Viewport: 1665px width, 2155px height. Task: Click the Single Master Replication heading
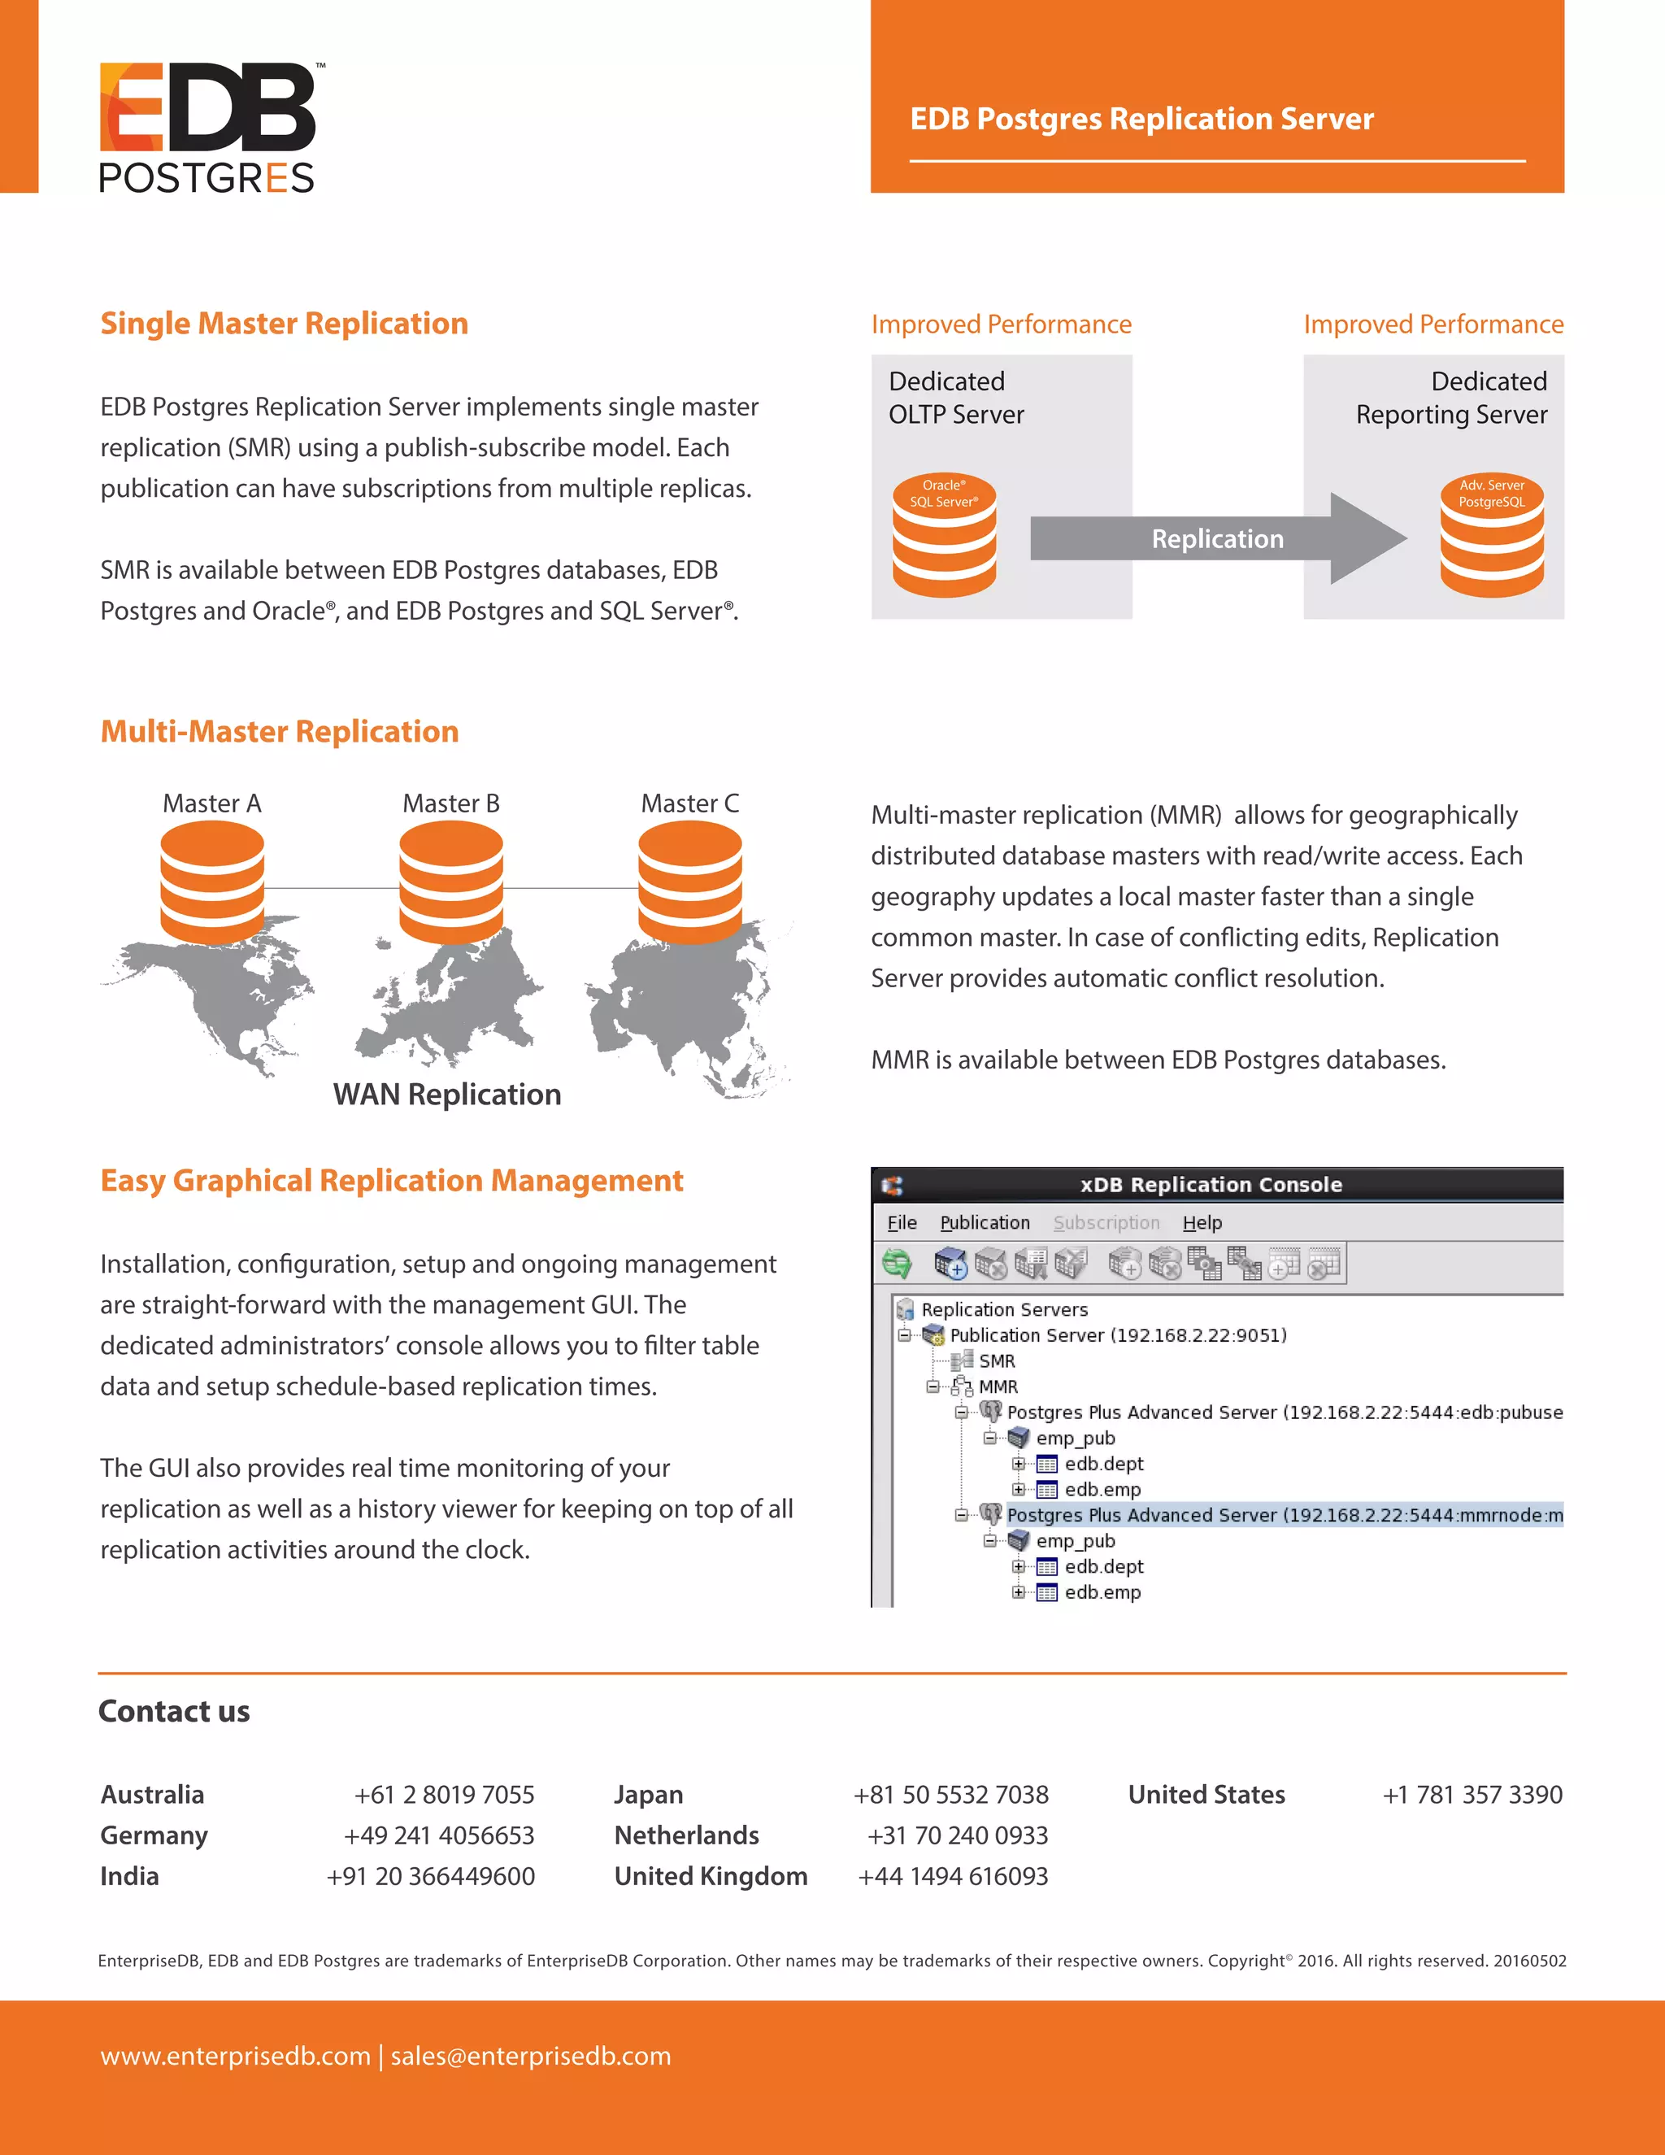tap(284, 324)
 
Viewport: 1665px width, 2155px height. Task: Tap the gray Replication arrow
tap(1217, 538)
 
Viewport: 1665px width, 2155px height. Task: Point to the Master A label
tap(212, 803)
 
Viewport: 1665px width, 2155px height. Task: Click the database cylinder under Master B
tap(450, 882)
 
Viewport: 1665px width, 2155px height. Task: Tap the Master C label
tap(689, 803)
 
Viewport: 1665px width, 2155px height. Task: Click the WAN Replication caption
tap(447, 1095)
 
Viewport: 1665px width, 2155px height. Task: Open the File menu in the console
tap(902, 1222)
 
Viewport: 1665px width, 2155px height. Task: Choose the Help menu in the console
tap(1202, 1222)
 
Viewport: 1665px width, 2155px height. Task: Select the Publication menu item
tap(985, 1222)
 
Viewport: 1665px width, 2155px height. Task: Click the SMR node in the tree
tap(996, 1360)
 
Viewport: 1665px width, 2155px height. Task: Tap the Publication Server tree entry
tap(1118, 1335)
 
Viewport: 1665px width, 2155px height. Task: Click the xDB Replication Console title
tap(1211, 1184)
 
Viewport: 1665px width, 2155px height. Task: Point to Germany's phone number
tap(439, 1835)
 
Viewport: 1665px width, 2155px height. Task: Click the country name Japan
tap(648, 1795)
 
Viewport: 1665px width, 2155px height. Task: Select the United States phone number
tap(1472, 1795)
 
